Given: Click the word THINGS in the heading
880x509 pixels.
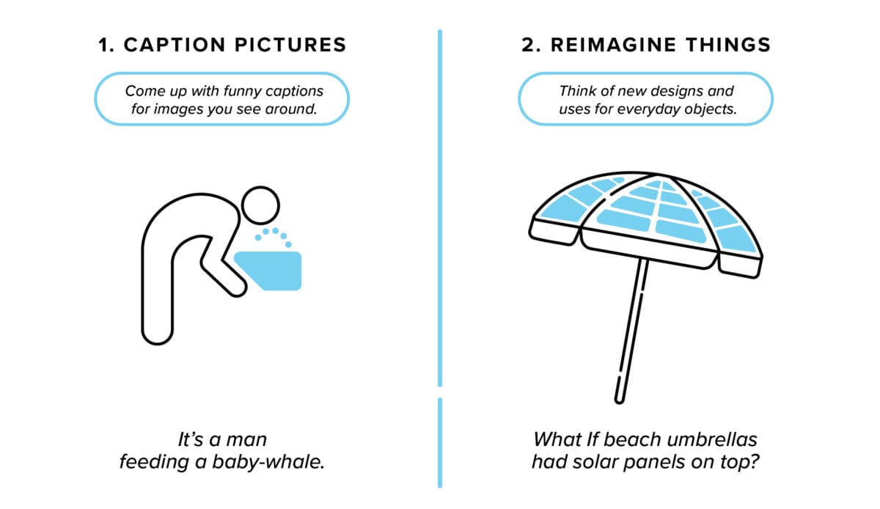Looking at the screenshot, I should (x=730, y=45).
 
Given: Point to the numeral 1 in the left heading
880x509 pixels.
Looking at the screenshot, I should (x=104, y=45).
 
